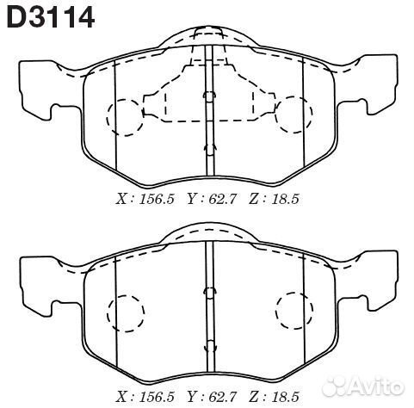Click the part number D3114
[50, 16]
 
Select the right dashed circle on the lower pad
[293, 310]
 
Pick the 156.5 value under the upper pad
[157, 199]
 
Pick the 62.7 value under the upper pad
[222, 199]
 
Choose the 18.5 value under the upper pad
[284, 199]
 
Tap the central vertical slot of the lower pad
[207, 301]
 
